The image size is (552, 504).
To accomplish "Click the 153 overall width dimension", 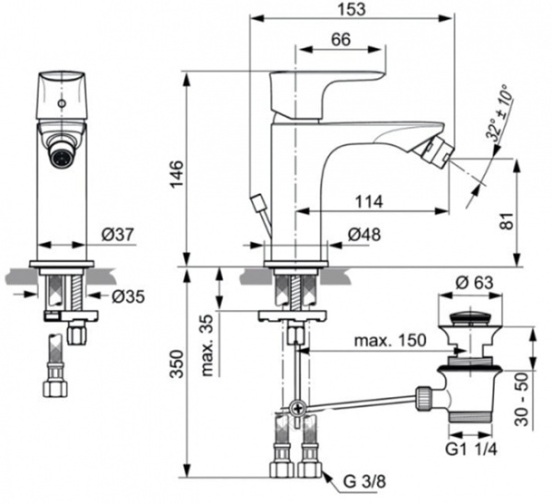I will pyautogui.click(x=352, y=9).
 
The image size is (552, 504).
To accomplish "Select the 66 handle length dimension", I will pyautogui.click(x=341, y=40).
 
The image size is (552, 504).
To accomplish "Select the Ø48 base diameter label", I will pyautogui.click(x=367, y=235).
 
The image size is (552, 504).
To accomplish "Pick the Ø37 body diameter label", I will pyautogui.click(x=115, y=235).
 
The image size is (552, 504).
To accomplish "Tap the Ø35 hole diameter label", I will pyautogui.click(x=125, y=296).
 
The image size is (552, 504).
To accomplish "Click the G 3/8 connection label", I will pyautogui.click(x=362, y=479).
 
